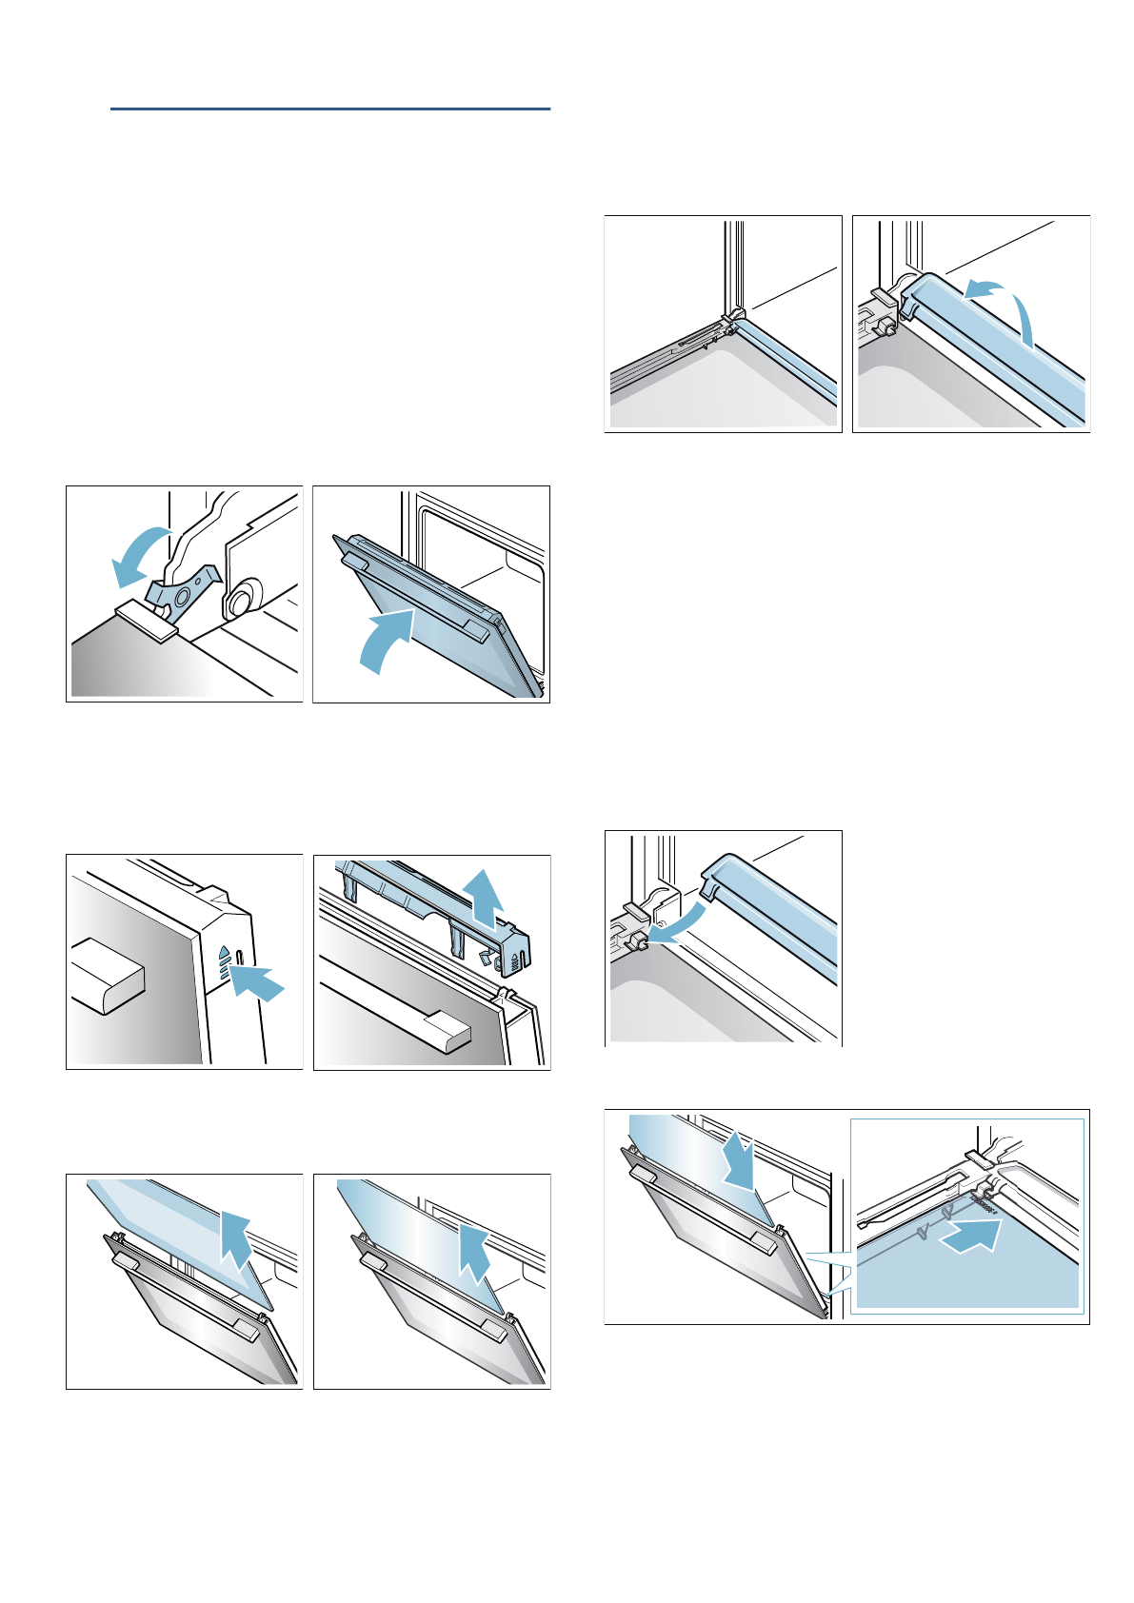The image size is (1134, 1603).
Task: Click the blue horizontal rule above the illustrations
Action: pyautogui.click(x=329, y=109)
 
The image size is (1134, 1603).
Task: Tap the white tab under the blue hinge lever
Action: pyautogui.click(x=148, y=618)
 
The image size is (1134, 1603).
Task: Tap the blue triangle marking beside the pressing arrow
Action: pyautogui.click(x=223, y=951)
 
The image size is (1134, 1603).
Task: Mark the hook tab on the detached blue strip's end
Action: pyautogui.click(x=709, y=886)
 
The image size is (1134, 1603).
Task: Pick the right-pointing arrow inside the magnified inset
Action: pyautogui.click(x=970, y=1235)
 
